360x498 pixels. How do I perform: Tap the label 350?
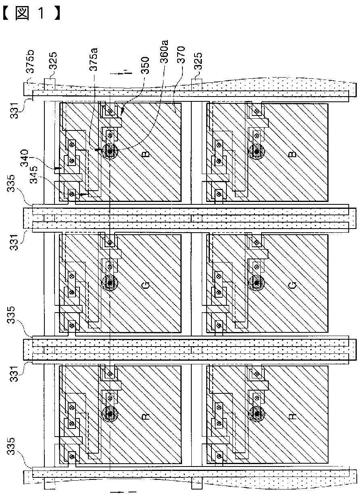point(145,65)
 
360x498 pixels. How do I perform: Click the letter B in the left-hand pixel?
point(146,153)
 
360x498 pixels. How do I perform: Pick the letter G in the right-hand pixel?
point(293,285)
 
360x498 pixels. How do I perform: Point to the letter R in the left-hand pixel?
point(146,416)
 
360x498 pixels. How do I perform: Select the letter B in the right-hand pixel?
point(293,153)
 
